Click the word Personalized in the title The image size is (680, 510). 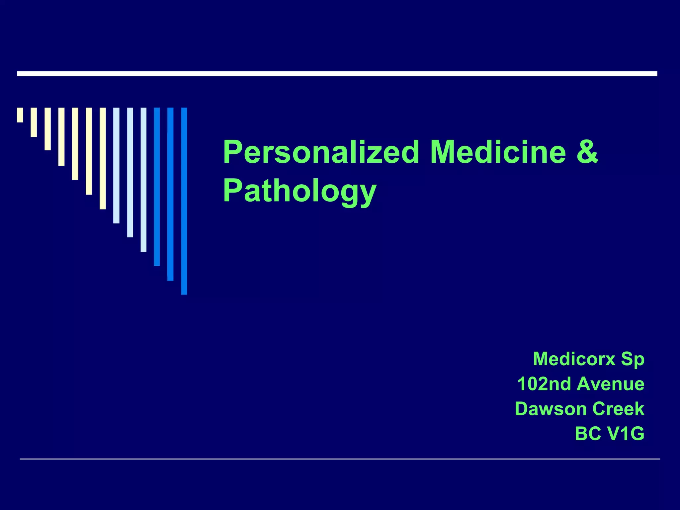[321, 153]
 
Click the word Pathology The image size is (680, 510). [299, 191]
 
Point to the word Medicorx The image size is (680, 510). [574, 359]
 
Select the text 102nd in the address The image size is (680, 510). [544, 384]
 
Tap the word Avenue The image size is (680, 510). [611, 384]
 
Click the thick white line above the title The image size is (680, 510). [337, 74]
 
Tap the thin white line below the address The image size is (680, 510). [340, 459]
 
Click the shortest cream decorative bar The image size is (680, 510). [20, 115]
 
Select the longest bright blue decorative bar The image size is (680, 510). [184, 201]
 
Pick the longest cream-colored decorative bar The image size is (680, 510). [103, 158]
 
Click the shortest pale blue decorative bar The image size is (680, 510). [116, 165]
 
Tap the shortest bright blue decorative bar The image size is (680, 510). [157, 187]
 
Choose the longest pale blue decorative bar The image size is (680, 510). [143, 180]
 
